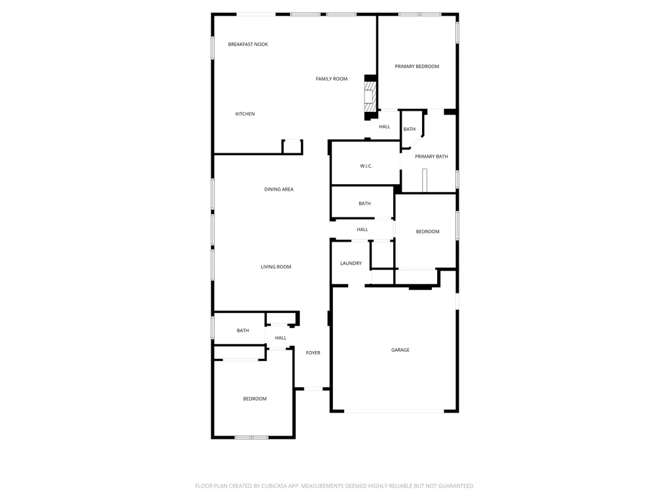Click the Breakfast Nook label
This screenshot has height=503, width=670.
tap(248, 44)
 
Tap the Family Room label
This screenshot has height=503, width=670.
tap(332, 79)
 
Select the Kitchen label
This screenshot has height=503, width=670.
tap(245, 114)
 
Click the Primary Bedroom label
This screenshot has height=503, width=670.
tap(417, 66)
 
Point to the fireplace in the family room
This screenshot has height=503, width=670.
tap(370, 97)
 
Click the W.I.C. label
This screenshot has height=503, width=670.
tap(366, 166)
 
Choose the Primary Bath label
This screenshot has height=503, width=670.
tap(431, 157)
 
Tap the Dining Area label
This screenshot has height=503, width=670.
tap(279, 189)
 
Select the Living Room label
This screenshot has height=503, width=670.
tap(275, 267)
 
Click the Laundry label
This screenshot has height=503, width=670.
tap(351, 263)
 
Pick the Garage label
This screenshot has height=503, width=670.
tap(400, 350)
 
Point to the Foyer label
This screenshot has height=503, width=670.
tap(313, 353)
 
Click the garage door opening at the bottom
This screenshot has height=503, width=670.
tap(394, 411)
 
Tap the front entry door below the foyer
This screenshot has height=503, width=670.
tap(313, 389)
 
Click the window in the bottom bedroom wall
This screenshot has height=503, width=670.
tap(251, 437)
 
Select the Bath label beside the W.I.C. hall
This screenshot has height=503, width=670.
tap(364, 204)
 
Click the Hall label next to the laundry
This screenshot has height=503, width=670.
tap(362, 230)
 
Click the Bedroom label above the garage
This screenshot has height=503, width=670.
tap(427, 232)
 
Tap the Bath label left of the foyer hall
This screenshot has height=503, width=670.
tap(243, 331)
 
